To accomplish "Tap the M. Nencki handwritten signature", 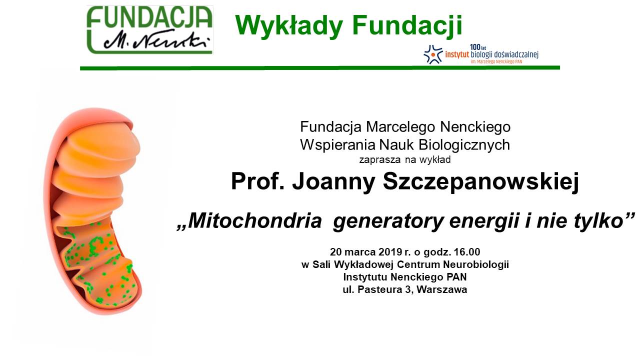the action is (156, 41).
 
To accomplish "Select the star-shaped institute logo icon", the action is (433, 54).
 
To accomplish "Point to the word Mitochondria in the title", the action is (255, 221).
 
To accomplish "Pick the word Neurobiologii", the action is (476, 264).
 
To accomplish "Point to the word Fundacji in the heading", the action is (407, 25).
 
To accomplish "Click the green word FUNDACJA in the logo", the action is (149, 17).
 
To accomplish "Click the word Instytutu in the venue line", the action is (365, 277).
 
